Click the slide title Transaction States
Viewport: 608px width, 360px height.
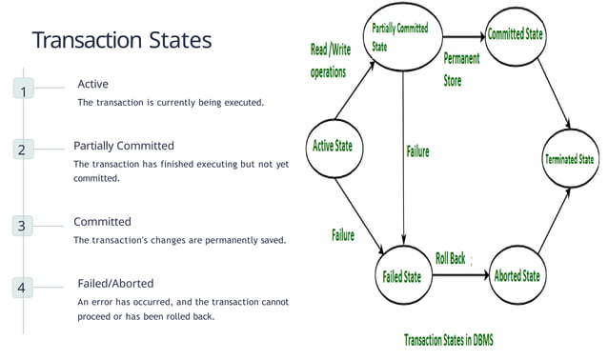click(x=122, y=41)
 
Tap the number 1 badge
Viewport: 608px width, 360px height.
click(x=23, y=90)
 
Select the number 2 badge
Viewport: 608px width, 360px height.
click(x=23, y=150)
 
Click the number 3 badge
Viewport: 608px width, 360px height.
click(x=23, y=227)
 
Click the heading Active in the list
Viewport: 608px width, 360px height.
click(x=92, y=85)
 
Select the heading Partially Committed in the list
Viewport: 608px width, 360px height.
click(x=124, y=146)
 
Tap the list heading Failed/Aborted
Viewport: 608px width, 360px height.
click(x=115, y=283)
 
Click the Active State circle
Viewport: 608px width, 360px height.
click(x=333, y=147)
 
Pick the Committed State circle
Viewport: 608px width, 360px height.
click(x=516, y=35)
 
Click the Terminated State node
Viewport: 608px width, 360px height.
click(x=569, y=159)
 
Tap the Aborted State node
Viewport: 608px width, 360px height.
click(x=517, y=276)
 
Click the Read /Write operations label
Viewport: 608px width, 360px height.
click(x=329, y=60)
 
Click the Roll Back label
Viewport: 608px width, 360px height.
click(x=450, y=258)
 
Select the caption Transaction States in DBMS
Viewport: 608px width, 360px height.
click(x=448, y=339)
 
